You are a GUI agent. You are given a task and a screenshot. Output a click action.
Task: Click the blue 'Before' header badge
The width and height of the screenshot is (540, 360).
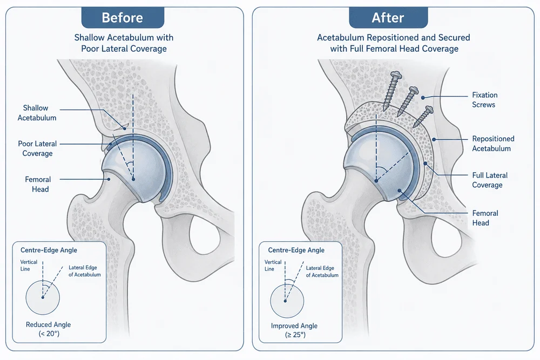coord(123,18)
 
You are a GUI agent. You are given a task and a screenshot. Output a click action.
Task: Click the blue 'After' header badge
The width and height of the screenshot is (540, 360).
coord(388,18)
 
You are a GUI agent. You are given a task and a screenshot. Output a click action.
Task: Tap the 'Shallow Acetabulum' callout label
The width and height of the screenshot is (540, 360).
coord(37,113)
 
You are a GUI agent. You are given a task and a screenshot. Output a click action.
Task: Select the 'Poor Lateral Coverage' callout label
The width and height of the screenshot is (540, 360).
coord(38,148)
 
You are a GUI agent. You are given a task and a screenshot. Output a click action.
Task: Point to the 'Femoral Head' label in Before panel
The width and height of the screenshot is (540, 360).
coord(38,184)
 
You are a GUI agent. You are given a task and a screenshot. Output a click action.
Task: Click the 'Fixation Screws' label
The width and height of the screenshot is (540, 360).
coord(484,100)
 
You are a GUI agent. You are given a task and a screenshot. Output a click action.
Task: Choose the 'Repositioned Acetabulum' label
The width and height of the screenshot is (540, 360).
coord(493,144)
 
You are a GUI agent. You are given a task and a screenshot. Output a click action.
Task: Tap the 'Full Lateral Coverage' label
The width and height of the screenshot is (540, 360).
coord(490,180)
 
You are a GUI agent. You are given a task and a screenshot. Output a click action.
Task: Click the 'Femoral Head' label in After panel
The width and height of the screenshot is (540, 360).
coord(485,218)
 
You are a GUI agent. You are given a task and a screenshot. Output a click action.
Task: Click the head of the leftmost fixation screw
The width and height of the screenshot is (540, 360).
coord(396,75)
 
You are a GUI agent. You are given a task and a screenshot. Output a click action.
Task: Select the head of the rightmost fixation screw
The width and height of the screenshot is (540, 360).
coord(428,110)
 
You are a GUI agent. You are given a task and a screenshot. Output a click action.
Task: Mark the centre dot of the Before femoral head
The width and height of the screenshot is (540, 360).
coord(133,179)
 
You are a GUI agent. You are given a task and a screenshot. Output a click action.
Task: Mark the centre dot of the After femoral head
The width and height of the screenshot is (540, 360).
coord(376,181)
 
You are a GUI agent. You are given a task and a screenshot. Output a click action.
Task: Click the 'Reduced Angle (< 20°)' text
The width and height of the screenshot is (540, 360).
coord(49,329)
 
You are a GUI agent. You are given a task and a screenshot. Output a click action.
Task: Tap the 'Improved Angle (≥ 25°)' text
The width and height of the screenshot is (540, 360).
coord(294,330)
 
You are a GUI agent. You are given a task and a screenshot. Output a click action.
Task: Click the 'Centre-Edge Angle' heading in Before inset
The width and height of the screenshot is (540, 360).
coord(49,250)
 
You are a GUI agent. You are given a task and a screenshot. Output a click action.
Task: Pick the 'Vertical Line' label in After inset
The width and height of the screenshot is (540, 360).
coord(273,266)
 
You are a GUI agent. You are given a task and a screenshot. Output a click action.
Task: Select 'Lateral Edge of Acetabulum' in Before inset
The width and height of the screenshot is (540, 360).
coord(85,271)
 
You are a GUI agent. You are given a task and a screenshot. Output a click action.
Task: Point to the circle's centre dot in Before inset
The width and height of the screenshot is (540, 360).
coord(43,297)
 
